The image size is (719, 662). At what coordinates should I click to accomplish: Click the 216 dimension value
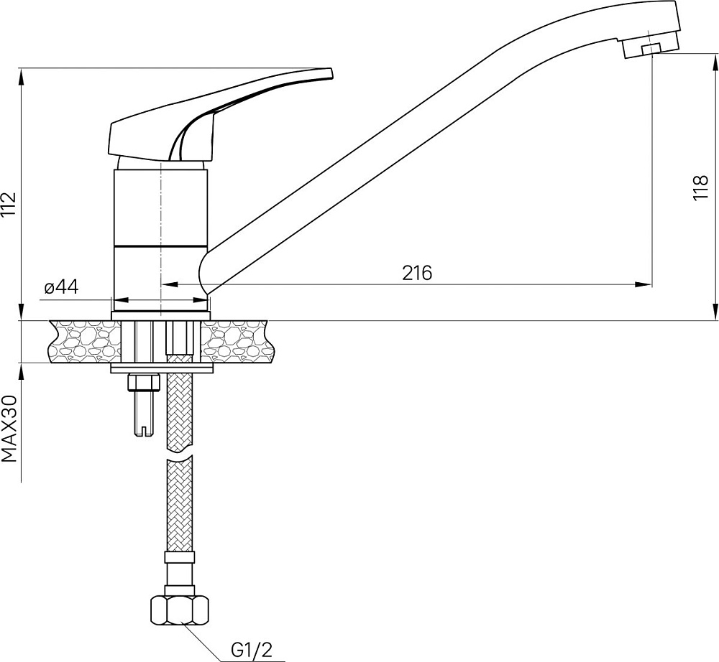pos(417,273)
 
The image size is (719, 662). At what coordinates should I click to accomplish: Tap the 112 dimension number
pos(9,205)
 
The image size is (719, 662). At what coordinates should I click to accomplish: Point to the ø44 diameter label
pos(61,287)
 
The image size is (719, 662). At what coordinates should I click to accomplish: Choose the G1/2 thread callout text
pos(251,650)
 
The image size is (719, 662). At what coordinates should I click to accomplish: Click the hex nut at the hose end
pos(180,610)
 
